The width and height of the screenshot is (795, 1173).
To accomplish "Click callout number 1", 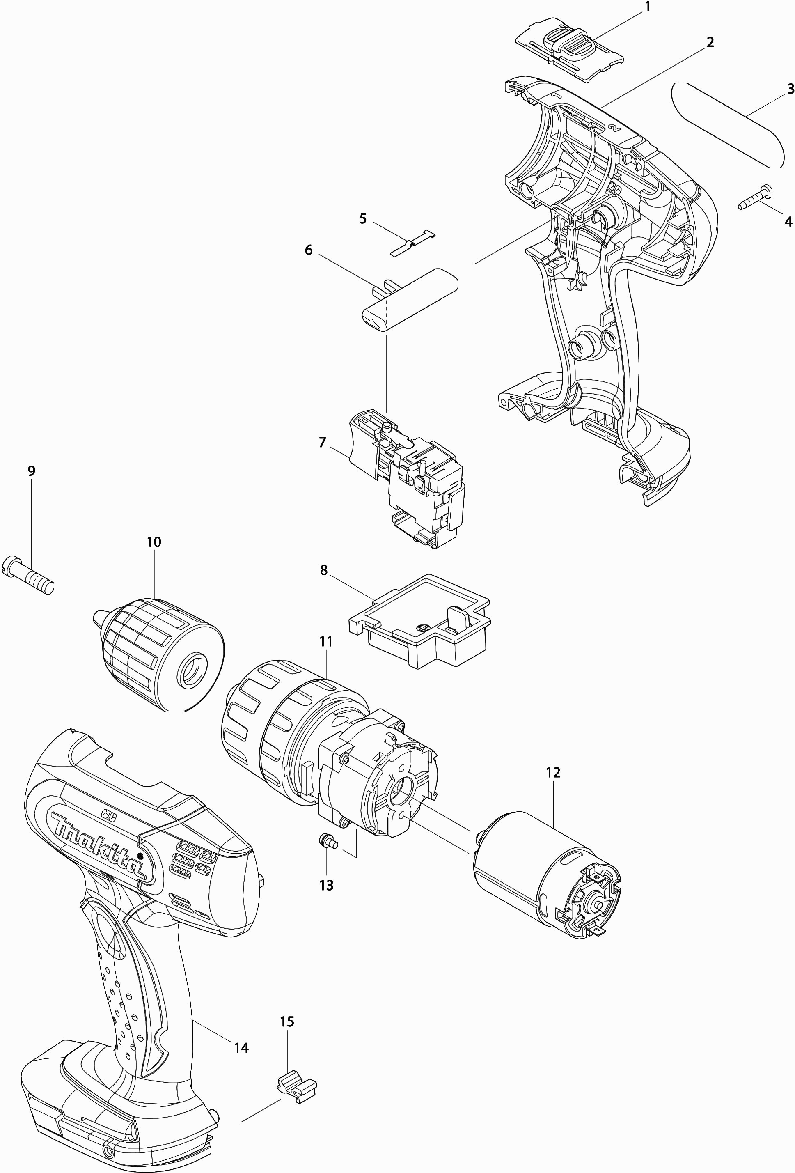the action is click(x=648, y=7).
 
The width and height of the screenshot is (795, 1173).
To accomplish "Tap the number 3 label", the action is click(x=790, y=89).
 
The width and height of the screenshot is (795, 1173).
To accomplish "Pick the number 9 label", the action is click(x=31, y=471).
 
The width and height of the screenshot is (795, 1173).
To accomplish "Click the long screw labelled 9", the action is click(x=28, y=575).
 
